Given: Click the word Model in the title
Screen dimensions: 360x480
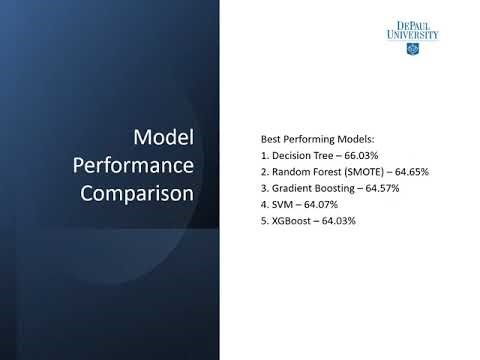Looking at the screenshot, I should (163, 137).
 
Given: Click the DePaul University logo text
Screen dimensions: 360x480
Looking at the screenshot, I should (412, 30).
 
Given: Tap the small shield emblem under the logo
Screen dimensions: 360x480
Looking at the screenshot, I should (412, 48).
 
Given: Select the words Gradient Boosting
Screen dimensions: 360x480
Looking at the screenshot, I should (305, 188).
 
